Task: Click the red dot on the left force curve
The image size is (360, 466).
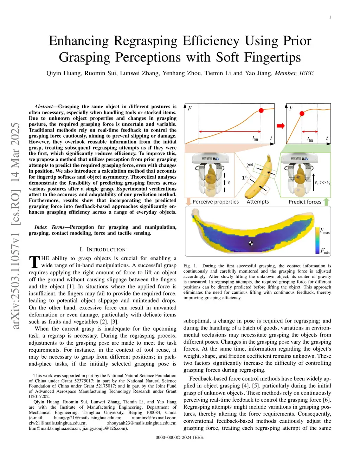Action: click(x=261, y=110)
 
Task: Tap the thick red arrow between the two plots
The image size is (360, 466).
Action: click(x=280, y=126)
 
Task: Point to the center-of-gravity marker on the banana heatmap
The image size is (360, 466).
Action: click(x=251, y=243)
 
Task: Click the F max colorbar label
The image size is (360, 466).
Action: click(x=324, y=231)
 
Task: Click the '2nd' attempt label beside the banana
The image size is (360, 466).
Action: click(x=250, y=165)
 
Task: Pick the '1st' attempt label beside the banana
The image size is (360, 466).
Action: click(x=245, y=177)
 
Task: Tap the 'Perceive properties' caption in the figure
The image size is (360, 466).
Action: click(x=216, y=202)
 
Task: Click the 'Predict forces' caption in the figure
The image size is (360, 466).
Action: click(x=305, y=202)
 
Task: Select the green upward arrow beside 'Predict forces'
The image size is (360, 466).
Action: click(x=326, y=202)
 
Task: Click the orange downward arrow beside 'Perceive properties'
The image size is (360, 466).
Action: click(x=188, y=202)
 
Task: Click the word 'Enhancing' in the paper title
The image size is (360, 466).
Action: click(x=78, y=41)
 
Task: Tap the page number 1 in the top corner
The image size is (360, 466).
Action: click(x=330, y=17)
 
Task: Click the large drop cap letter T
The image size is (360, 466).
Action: click(x=34, y=262)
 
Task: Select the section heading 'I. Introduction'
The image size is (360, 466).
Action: click(x=102, y=249)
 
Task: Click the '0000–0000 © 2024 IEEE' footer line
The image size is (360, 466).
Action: click(x=180, y=438)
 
